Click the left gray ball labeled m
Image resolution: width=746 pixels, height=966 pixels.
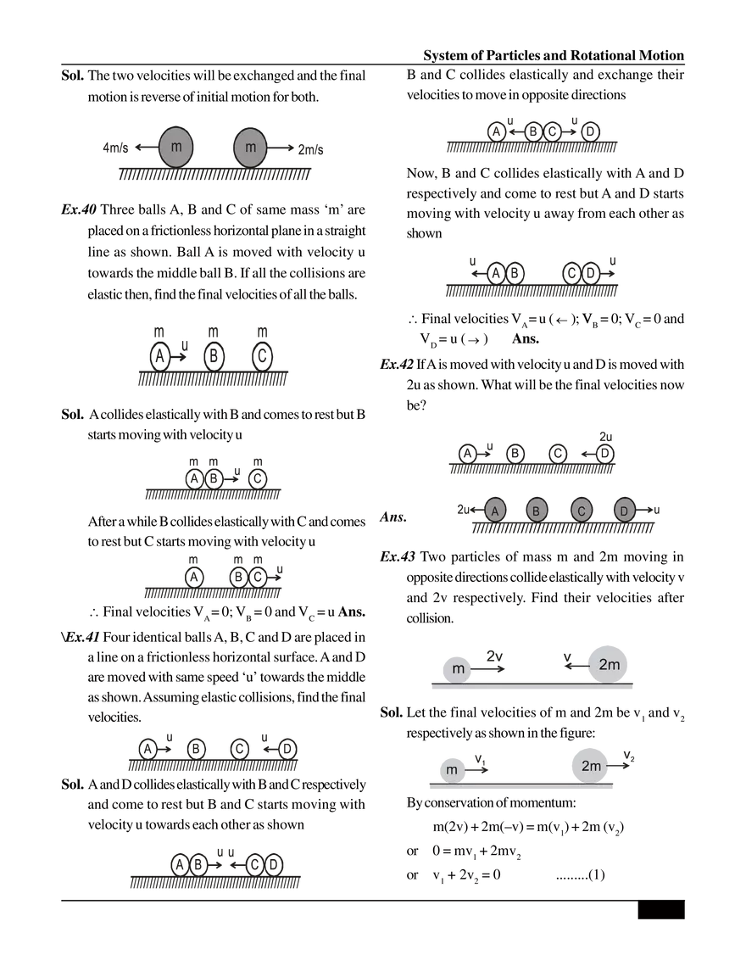(x=176, y=148)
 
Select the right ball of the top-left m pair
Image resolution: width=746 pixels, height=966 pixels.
(x=250, y=148)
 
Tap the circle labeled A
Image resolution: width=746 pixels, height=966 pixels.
(x=495, y=510)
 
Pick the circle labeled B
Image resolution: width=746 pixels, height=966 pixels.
(x=537, y=511)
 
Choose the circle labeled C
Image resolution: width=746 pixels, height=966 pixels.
(x=581, y=511)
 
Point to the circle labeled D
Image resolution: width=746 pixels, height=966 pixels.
(x=624, y=511)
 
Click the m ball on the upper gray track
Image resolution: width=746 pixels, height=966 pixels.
(x=458, y=668)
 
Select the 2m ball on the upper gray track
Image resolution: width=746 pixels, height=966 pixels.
(x=609, y=665)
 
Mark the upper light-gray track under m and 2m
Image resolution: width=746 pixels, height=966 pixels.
(x=532, y=687)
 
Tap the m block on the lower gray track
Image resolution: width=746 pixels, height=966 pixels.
(x=451, y=770)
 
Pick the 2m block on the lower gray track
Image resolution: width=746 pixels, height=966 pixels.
(x=591, y=766)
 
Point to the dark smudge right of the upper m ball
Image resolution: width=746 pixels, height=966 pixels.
(x=496, y=662)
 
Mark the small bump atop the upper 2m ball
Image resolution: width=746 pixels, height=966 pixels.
(x=609, y=641)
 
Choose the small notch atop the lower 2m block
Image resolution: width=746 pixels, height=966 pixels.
(x=591, y=744)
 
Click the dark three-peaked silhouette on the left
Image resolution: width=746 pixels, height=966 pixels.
(x=212, y=356)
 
